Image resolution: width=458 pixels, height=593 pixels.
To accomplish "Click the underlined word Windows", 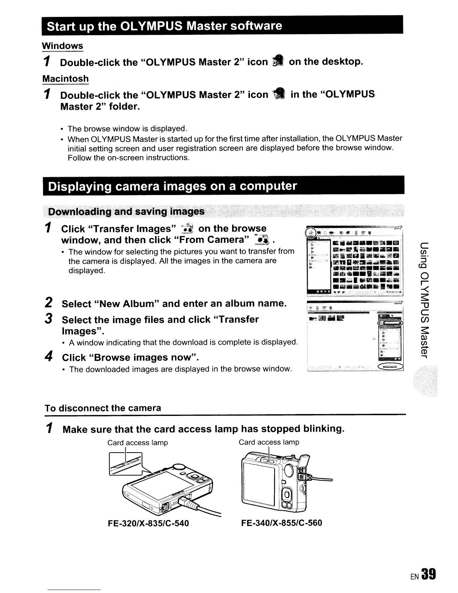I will coord(62,46).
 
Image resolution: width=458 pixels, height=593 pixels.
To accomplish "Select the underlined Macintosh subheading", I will coord(65,79).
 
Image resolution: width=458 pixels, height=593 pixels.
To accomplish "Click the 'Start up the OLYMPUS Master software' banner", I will coord(163,26).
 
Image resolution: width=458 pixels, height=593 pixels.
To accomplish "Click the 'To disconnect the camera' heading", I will coord(103,408).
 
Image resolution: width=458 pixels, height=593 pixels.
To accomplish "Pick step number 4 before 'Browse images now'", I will coord(47,357).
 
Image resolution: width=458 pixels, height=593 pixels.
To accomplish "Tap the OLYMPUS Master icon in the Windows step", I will coord(278,61).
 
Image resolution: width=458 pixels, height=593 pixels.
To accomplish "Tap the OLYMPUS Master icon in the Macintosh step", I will coord(279,94).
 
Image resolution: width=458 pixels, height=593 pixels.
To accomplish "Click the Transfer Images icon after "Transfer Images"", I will coord(186,229).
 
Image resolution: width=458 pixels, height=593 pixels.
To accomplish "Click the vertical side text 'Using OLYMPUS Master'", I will coord(424,299).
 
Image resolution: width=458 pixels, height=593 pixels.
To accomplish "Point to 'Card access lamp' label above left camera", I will coord(137,443).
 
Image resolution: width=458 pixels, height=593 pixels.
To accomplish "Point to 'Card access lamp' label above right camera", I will coord(269,442).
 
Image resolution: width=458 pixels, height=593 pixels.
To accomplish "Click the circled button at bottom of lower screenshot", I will coord(391,367).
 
